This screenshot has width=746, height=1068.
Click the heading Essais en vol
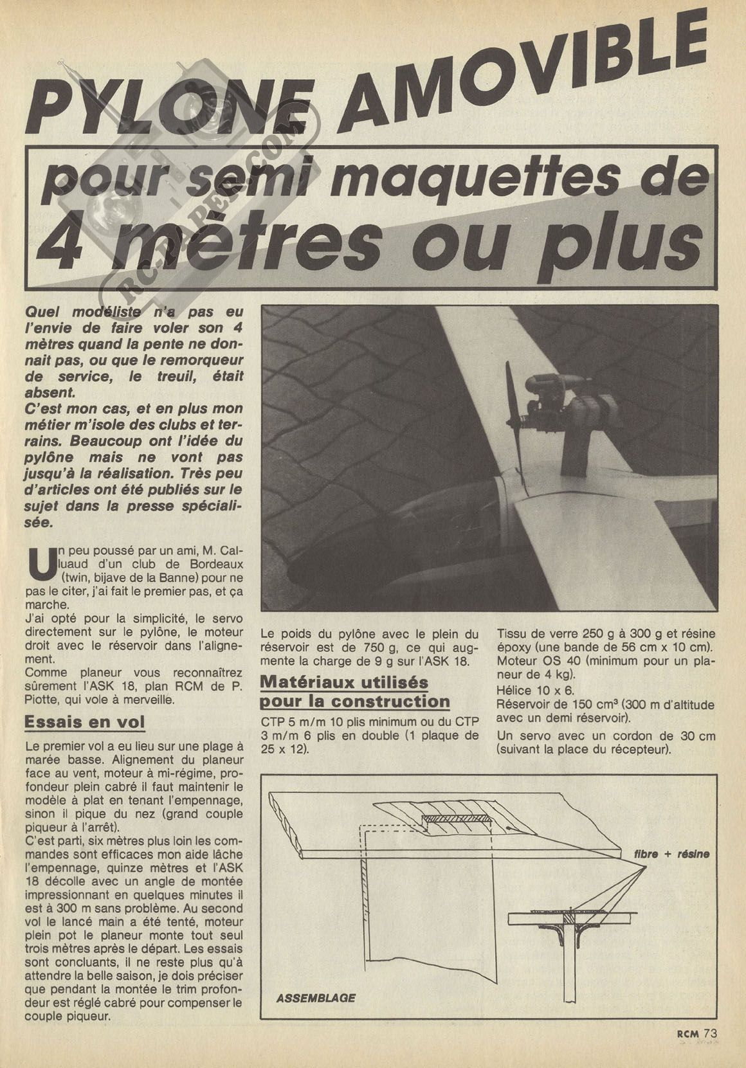[84, 721]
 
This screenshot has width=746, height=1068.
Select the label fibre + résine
[671, 855]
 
